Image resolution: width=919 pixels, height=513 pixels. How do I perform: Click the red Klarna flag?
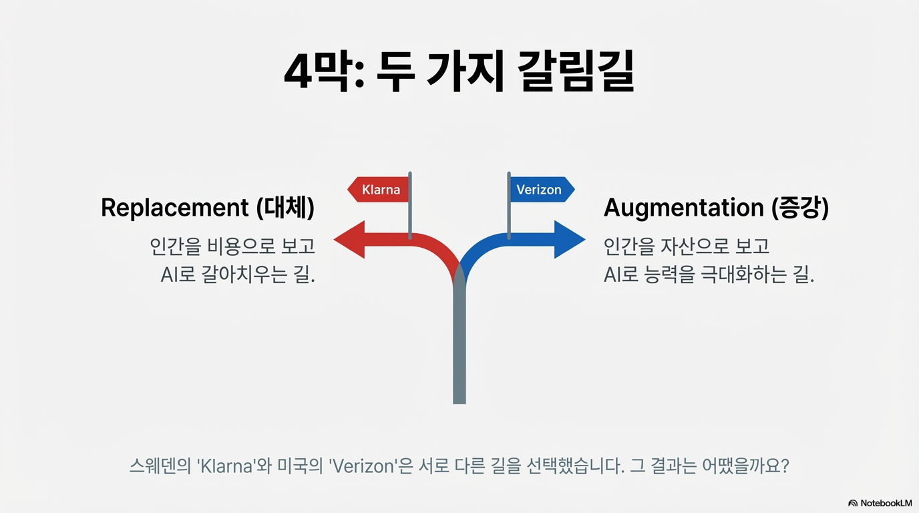click(379, 190)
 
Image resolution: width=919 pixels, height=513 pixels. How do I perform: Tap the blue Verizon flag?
click(540, 190)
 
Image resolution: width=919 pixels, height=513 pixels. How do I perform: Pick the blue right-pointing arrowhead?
click(570, 239)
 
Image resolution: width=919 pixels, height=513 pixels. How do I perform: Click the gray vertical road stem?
click(459, 347)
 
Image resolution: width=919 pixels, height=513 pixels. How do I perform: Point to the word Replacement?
click(176, 208)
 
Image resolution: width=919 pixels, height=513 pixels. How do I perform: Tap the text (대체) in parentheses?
click(285, 208)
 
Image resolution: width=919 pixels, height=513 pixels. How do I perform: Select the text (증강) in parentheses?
click(799, 208)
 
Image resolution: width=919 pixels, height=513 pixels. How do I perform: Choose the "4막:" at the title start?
click(323, 72)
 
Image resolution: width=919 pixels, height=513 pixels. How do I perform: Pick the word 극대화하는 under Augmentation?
click(741, 275)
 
